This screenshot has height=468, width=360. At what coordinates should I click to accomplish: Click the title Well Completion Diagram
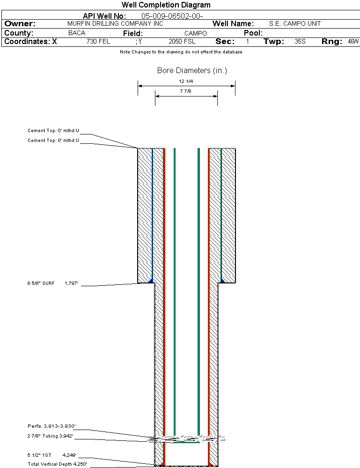[166, 5]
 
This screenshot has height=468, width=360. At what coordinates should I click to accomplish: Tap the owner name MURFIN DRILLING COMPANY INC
[115, 23]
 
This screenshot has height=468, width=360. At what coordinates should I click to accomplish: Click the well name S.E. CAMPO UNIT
[294, 23]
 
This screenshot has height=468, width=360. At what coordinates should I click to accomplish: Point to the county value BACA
[77, 33]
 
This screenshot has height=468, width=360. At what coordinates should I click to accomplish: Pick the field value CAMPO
[196, 34]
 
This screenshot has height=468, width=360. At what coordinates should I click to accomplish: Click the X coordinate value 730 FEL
[98, 42]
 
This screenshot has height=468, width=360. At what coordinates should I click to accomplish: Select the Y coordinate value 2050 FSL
[182, 42]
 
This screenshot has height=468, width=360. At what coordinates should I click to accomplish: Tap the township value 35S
[300, 42]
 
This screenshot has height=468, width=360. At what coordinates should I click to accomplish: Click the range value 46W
[353, 42]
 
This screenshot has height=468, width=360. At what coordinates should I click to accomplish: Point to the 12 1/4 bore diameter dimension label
[186, 81]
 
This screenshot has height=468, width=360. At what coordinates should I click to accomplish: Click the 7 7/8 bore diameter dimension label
[186, 91]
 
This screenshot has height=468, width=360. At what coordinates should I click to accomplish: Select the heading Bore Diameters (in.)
[192, 71]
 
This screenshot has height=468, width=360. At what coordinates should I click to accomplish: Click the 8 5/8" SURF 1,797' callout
[52, 283]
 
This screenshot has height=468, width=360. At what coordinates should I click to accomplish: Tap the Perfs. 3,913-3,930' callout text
[51, 426]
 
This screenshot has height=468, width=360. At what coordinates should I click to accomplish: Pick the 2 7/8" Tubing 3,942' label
[50, 436]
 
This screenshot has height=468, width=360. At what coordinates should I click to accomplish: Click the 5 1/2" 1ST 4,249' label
[51, 455]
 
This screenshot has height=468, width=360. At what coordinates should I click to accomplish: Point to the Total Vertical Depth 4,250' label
[57, 464]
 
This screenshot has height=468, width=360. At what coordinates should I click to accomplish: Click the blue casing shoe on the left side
[150, 281]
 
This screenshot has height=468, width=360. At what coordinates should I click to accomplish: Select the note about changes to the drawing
[181, 52]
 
